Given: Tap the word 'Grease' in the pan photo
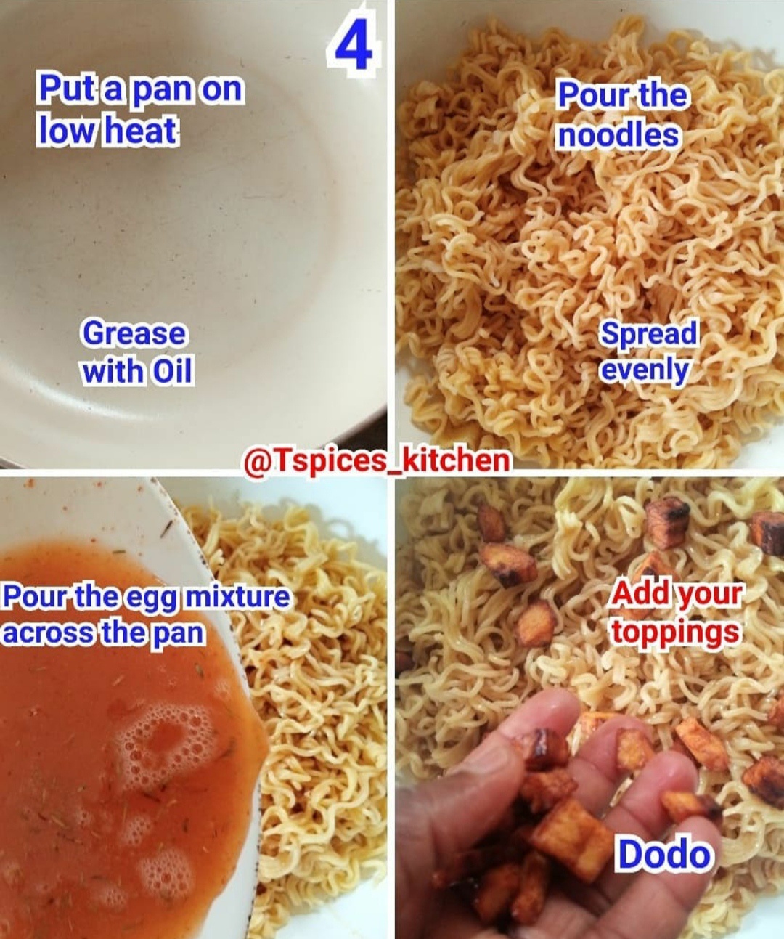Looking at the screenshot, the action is click(134, 334).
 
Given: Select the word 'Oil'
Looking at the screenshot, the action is click(173, 372).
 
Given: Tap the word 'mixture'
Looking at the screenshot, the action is click(237, 596).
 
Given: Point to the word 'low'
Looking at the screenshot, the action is click(68, 131).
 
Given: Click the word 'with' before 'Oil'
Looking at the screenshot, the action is click(115, 372).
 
